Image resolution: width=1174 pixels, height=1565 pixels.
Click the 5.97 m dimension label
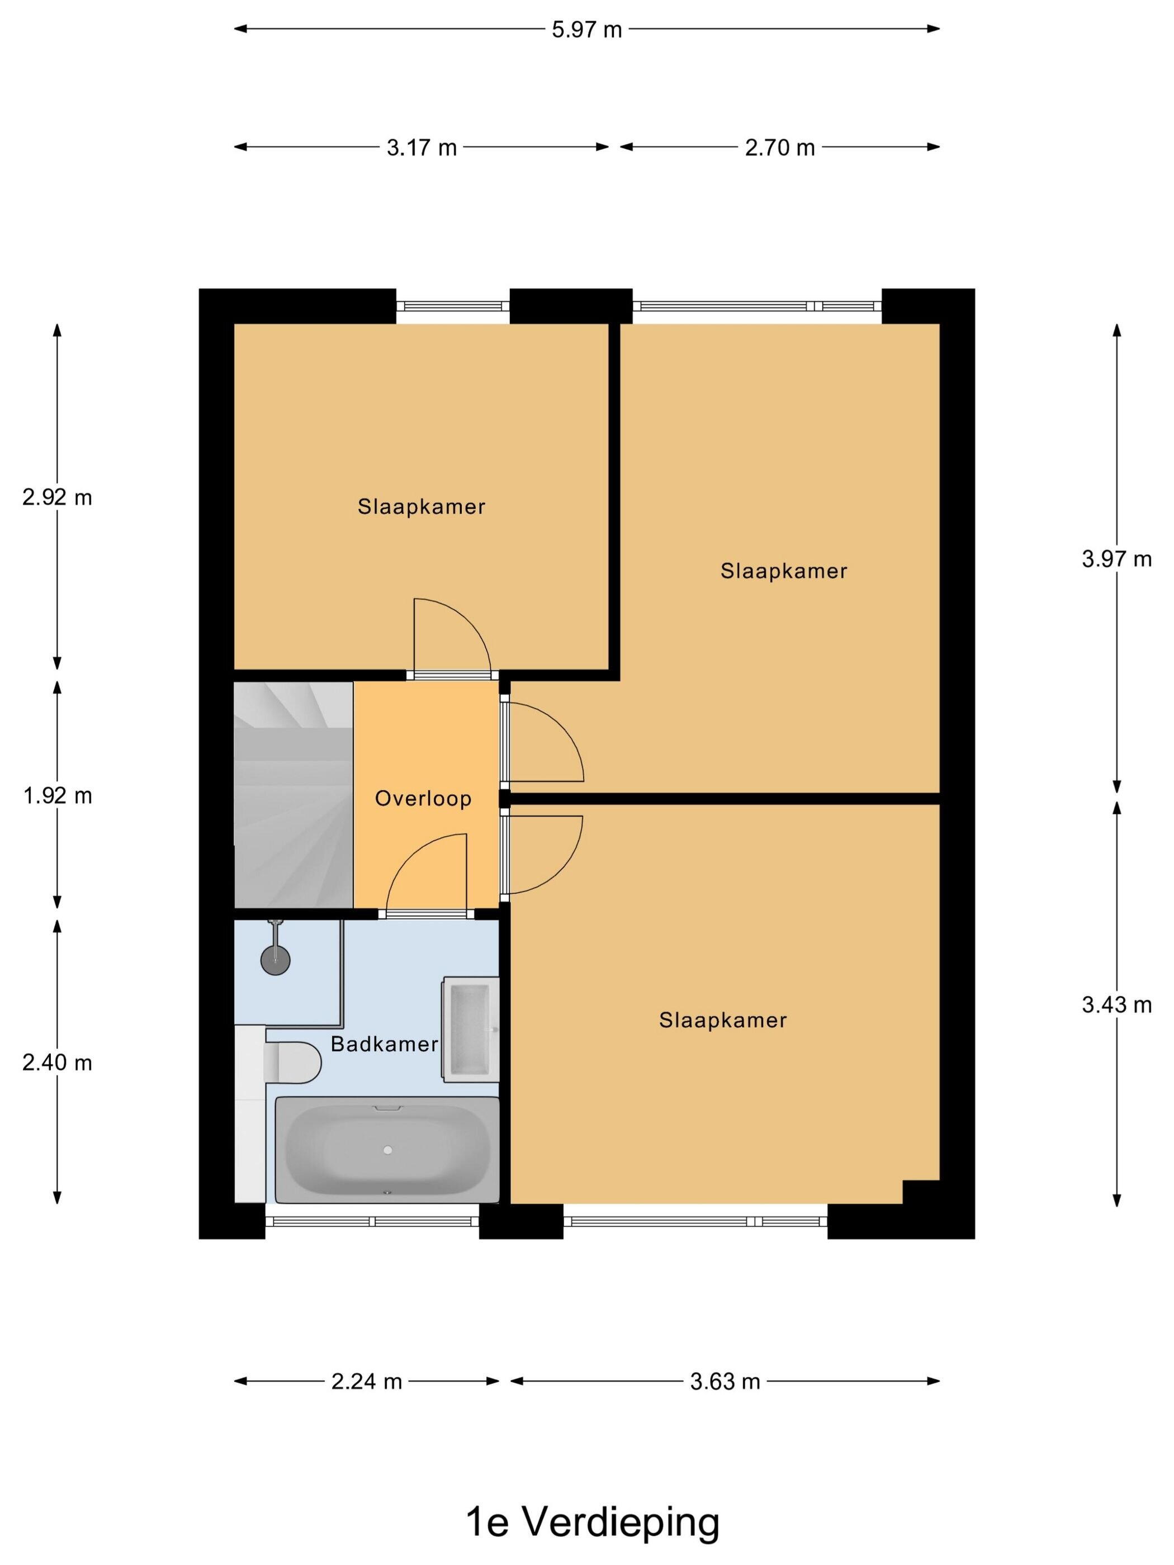point(586,30)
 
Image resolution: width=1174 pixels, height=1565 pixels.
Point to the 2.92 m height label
point(58,497)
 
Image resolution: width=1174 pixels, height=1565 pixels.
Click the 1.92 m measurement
point(58,796)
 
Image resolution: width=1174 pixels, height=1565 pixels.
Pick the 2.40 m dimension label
point(58,1063)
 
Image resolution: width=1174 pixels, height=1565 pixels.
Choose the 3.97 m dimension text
point(1116,559)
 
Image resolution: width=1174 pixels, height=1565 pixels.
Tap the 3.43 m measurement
point(1116,1004)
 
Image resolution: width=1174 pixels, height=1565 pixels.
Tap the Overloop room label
point(423,798)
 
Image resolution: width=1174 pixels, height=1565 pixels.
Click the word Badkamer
point(384,1044)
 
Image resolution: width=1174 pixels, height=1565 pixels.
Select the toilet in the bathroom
point(292,1062)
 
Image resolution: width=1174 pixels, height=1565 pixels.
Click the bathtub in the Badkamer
point(387,1150)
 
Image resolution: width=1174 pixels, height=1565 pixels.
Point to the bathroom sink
point(471,1030)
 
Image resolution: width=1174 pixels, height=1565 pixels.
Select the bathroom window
point(372,1221)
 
